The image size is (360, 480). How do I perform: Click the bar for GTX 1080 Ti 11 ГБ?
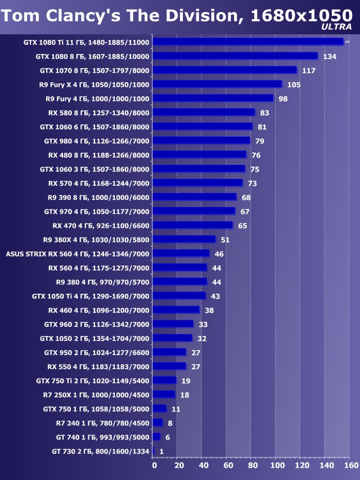pyautogui.click(x=247, y=42)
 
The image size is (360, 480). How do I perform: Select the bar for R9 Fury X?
pyautogui.click(x=217, y=84)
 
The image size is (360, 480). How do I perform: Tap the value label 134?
pyautogui.click(x=330, y=56)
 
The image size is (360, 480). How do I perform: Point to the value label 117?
pyautogui.click(x=308, y=70)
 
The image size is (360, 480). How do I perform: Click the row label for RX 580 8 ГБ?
pyautogui.click(x=99, y=113)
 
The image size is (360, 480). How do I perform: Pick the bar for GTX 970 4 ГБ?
pyautogui.click(x=194, y=211)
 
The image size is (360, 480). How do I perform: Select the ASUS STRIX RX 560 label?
pyautogui.click(x=78, y=253)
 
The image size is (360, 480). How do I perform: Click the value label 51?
pyautogui.click(x=224, y=240)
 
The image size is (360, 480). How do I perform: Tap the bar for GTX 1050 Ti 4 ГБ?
pyautogui.click(x=179, y=295)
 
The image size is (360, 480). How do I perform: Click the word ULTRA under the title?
pyautogui.click(x=337, y=26)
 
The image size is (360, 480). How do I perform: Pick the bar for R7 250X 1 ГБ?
pyautogui.click(x=164, y=394)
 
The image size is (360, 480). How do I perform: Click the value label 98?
pyautogui.click(x=283, y=98)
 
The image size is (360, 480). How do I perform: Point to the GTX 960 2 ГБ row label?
pyautogui.click(x=97, y=324)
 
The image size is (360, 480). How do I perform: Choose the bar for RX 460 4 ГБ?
pyautogui.click(x=176, y=309)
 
